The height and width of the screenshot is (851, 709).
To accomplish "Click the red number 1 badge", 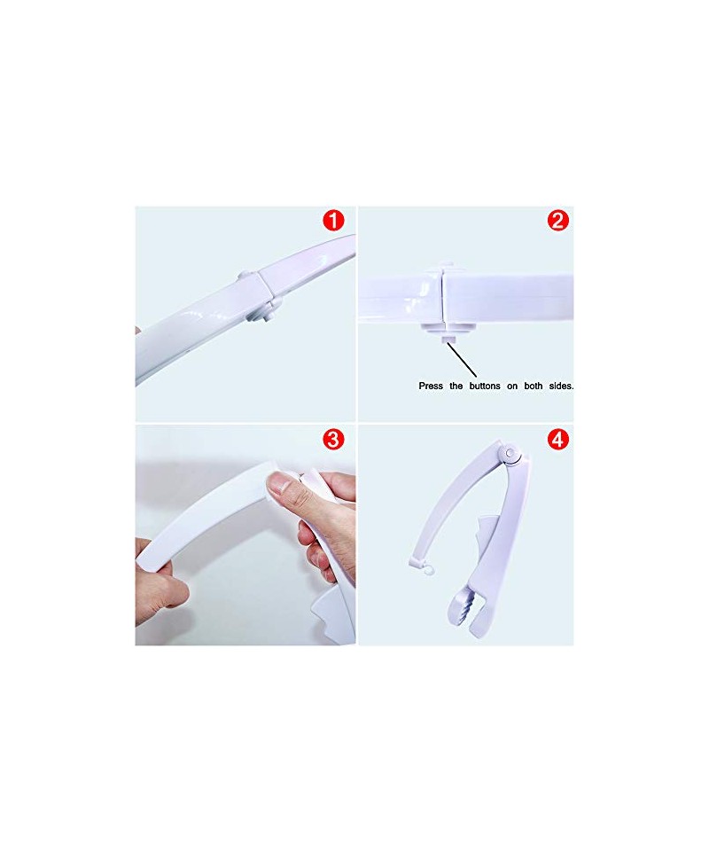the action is [333, 221].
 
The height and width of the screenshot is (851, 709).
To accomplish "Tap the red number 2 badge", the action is [558, 221].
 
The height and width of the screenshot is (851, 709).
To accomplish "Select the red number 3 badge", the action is [333, 439].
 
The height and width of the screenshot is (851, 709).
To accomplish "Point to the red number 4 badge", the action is [558, 439].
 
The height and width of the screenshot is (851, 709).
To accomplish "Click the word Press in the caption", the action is [431, 386].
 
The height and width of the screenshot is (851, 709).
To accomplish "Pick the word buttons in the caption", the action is [485, 386].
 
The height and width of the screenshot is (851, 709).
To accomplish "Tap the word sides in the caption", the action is [561, 386].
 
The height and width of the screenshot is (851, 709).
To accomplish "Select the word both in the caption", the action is [534, 386].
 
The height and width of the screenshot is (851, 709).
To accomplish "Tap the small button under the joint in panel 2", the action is [447, 340].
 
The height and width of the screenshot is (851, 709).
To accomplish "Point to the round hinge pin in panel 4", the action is [510, 452].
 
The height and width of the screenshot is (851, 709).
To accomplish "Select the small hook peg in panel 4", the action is [427, 569].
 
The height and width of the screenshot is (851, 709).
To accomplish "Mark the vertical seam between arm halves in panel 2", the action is [444, 298].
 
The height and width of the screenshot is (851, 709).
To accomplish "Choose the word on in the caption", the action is [512, 386].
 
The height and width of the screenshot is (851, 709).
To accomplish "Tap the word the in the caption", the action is [456, 386].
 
